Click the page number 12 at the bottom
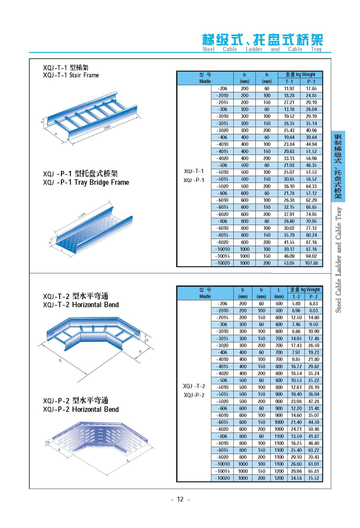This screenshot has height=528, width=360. (x=180, y=499)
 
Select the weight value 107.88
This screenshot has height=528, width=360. (x=312, y=263)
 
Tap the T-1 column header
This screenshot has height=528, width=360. (x=289, y=82)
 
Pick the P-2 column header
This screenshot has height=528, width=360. (x=314, y=297)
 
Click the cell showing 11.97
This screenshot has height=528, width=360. (x=289, y=89)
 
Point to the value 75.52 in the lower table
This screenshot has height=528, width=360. (x=314, y=478)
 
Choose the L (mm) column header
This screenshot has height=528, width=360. (x=279, y=293)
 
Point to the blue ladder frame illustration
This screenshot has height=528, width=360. (x=91, y=120)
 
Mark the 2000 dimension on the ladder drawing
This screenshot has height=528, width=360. (x=109, y=130)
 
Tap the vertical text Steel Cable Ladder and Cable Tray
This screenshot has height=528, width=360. (x=339, y=259)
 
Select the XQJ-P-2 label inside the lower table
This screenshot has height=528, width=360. (x=194, y=395)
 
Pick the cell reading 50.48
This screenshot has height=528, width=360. (x=314, y=429)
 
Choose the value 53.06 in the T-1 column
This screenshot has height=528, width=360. (x=289, y=263)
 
